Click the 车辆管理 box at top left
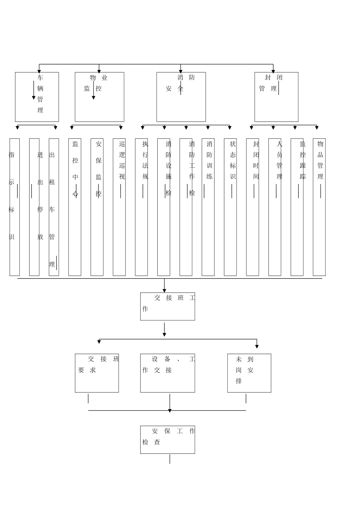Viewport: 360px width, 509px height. point(37,97)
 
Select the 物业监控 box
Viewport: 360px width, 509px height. point(99,97)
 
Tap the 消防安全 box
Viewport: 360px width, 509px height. point(181,97)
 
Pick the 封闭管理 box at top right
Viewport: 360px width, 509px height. point(276,97)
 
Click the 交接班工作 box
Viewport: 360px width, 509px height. point(167,306)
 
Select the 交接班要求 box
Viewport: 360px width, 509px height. point(97,373)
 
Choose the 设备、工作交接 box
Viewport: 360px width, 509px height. point(167,373)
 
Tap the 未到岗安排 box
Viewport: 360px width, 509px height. point(249,373)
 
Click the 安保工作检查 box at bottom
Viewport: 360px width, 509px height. point(167,440)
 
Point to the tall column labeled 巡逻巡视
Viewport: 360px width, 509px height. point(119,207)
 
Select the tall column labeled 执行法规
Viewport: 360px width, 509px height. point(141,207)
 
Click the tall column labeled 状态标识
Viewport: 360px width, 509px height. point(230,207)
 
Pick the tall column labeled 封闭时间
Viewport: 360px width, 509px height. point(252,207)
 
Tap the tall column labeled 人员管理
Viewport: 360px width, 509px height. point(275,207)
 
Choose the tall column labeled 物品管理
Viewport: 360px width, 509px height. point(319,207)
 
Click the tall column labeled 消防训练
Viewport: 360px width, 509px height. point(208,207)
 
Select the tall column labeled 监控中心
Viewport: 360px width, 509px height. point(75,207)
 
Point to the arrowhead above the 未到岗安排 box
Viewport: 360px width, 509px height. point(257,346)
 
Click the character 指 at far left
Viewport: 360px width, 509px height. point(11,155)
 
